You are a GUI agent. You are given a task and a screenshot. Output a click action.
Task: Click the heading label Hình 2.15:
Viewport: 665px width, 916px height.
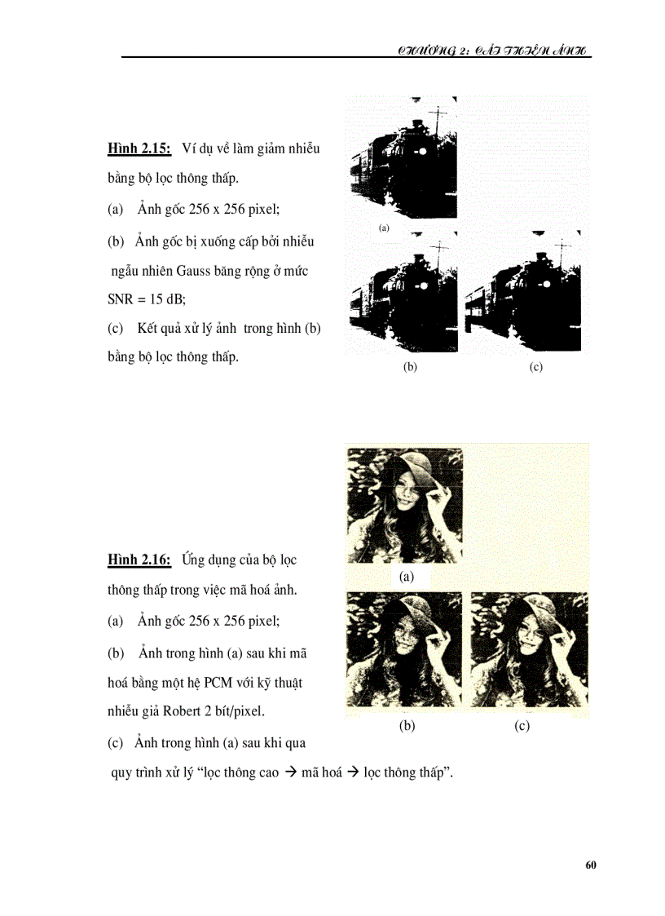tap(139, 148)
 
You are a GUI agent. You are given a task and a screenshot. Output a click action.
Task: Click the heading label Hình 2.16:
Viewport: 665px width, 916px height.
tap(139, 560)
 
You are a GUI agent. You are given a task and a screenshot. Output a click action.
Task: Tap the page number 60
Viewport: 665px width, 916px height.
tap(591, 865)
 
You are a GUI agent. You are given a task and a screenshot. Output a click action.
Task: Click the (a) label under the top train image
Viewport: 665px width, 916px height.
tap(384, 228)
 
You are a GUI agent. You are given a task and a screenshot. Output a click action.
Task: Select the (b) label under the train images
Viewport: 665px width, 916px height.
tap(410, 367)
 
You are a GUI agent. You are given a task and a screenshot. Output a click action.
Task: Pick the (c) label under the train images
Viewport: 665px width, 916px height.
tap(535, 367)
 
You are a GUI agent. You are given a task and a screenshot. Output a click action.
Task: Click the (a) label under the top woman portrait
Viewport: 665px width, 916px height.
tap(407, 577)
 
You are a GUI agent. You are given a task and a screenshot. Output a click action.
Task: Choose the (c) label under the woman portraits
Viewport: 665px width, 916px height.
tap(522, 726)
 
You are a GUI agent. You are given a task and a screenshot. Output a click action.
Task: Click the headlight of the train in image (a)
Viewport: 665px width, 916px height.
tap(423, 152)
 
